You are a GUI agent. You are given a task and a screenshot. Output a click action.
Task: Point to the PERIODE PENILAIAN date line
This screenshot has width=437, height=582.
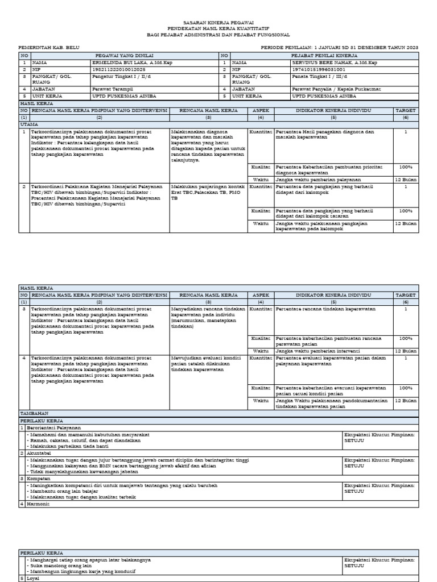339,48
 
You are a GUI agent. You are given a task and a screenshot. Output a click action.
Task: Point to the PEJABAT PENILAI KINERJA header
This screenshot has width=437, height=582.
324,55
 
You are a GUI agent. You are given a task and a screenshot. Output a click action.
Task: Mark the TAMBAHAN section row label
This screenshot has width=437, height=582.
35,413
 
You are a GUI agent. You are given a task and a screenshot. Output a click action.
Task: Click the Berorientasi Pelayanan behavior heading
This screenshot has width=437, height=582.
55,427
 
